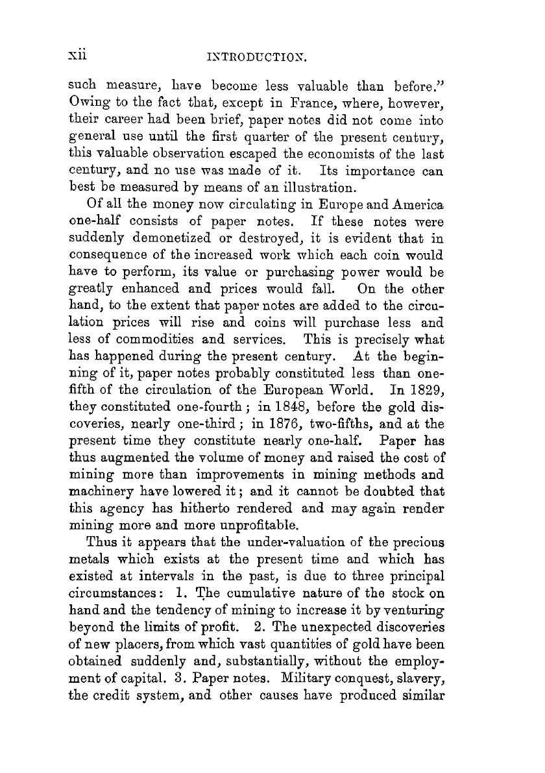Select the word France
pyautogui.click(x=354, y=101)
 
